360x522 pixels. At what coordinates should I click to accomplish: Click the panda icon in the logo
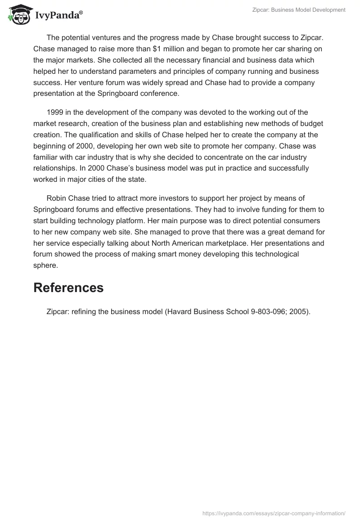pyautogui.click(x=18, y=14)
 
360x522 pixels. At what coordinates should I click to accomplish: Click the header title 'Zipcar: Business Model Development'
pyautogui.click(x=298, y=10)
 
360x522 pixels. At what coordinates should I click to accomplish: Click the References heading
pyautogui.click(x=68, y=288)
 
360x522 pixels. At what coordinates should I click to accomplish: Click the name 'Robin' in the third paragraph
pyautogui.click(x=57, y=198)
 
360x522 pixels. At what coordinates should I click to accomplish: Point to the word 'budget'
pyautogui.click(x=311, y=123)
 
